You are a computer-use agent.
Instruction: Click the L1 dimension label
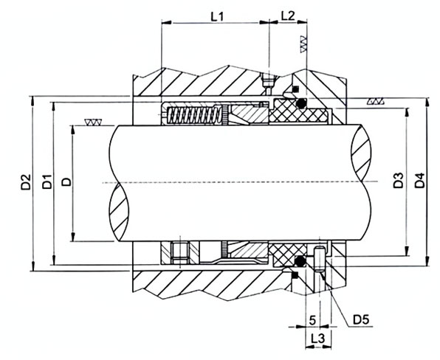(217, 17)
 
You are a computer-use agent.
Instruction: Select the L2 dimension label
(288, 16)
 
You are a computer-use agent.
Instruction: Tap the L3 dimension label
(317, 339)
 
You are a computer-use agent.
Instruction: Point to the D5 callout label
(361, 319)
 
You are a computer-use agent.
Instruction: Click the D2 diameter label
(26, 182)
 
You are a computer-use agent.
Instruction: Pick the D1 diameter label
(47, 181)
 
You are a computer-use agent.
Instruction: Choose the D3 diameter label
(398, 181)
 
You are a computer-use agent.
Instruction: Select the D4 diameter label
(420, 181)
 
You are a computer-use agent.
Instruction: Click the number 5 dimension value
(312, 320)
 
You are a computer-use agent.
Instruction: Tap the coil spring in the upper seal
(193, 115)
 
